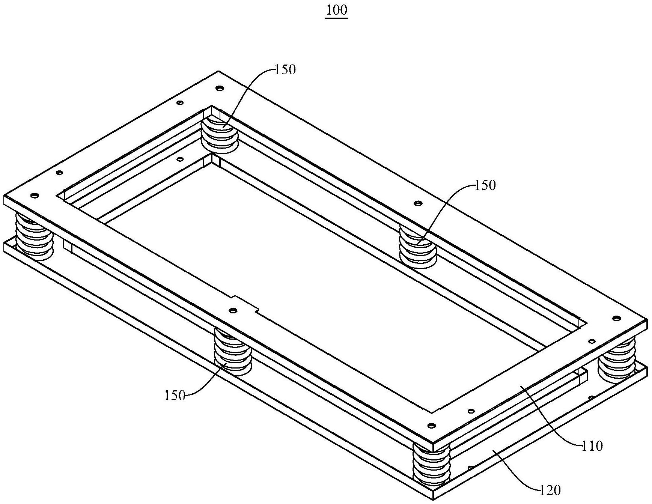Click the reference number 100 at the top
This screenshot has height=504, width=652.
click(x=337, y=10)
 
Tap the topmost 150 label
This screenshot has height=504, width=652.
click(x=285, y=69)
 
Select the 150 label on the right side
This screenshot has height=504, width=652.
click(x=485, y=185)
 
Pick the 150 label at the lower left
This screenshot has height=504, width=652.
click(x=175, y=396)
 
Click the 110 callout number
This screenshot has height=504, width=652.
click(x=592, y=446)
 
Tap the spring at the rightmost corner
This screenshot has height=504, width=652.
click(x=617, y=361)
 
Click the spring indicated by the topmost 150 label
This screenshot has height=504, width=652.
click(x=220, y=134)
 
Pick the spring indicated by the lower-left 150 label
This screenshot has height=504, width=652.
click(x=233, y=352)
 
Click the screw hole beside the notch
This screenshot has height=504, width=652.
click(x=233, y=311)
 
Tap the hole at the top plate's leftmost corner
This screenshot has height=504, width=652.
click(x=35, y=196)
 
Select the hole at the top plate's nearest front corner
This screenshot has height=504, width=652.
click(x=432, y=426)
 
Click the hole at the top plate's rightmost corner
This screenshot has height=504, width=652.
click(x=616, y=319)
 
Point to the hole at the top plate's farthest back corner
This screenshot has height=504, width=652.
click(x=220, y=89)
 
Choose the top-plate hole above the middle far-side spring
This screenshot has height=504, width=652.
click(x=416, y=203)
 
